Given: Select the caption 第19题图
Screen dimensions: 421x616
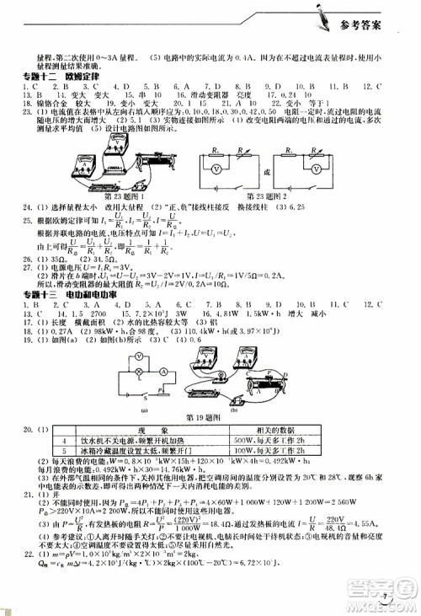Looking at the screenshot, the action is click(201, 417).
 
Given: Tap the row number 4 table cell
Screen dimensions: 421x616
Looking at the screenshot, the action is click(64, 441).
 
